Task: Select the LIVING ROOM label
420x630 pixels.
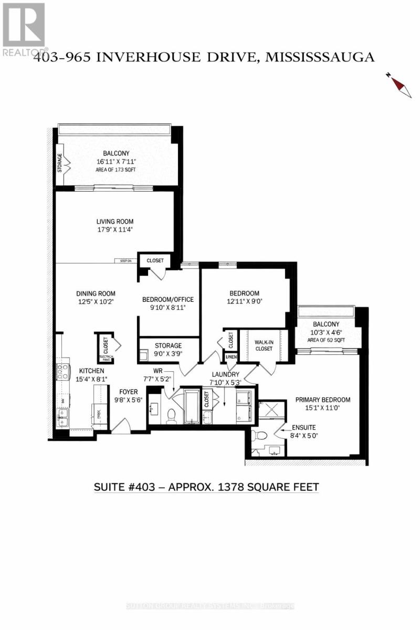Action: [114, 222]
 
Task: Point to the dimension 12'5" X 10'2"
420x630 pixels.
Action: [96, 302]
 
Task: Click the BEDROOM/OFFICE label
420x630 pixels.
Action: [168, 300]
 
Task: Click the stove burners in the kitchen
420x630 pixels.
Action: [63, 372]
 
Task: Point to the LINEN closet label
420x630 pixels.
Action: [230, 357]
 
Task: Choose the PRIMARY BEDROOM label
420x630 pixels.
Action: [322, 400]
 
